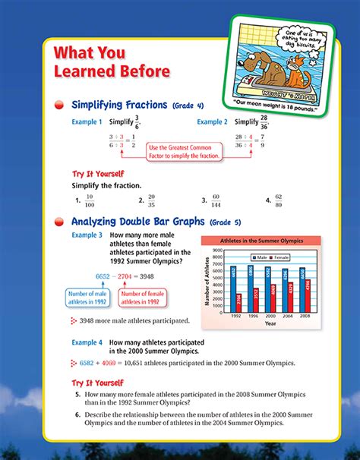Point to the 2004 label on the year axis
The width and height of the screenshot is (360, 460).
pyautogui.click(x=286, y=314)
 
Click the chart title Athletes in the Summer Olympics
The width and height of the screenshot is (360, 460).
pyautogui.click(x=261, y=240)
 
